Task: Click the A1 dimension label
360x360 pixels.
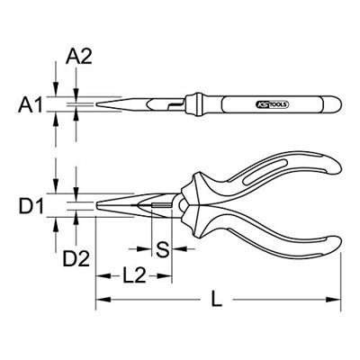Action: [x=31, y=104]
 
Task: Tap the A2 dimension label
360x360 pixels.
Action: [x=79, y=57]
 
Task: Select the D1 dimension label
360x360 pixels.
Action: [x=31, y=206]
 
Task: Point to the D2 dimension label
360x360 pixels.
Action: [x=76, y=259]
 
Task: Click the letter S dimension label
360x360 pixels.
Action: [x=163, y=249]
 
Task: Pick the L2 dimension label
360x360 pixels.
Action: [x=134, y=275]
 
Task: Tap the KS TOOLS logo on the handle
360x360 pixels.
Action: [x=273, y=104]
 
